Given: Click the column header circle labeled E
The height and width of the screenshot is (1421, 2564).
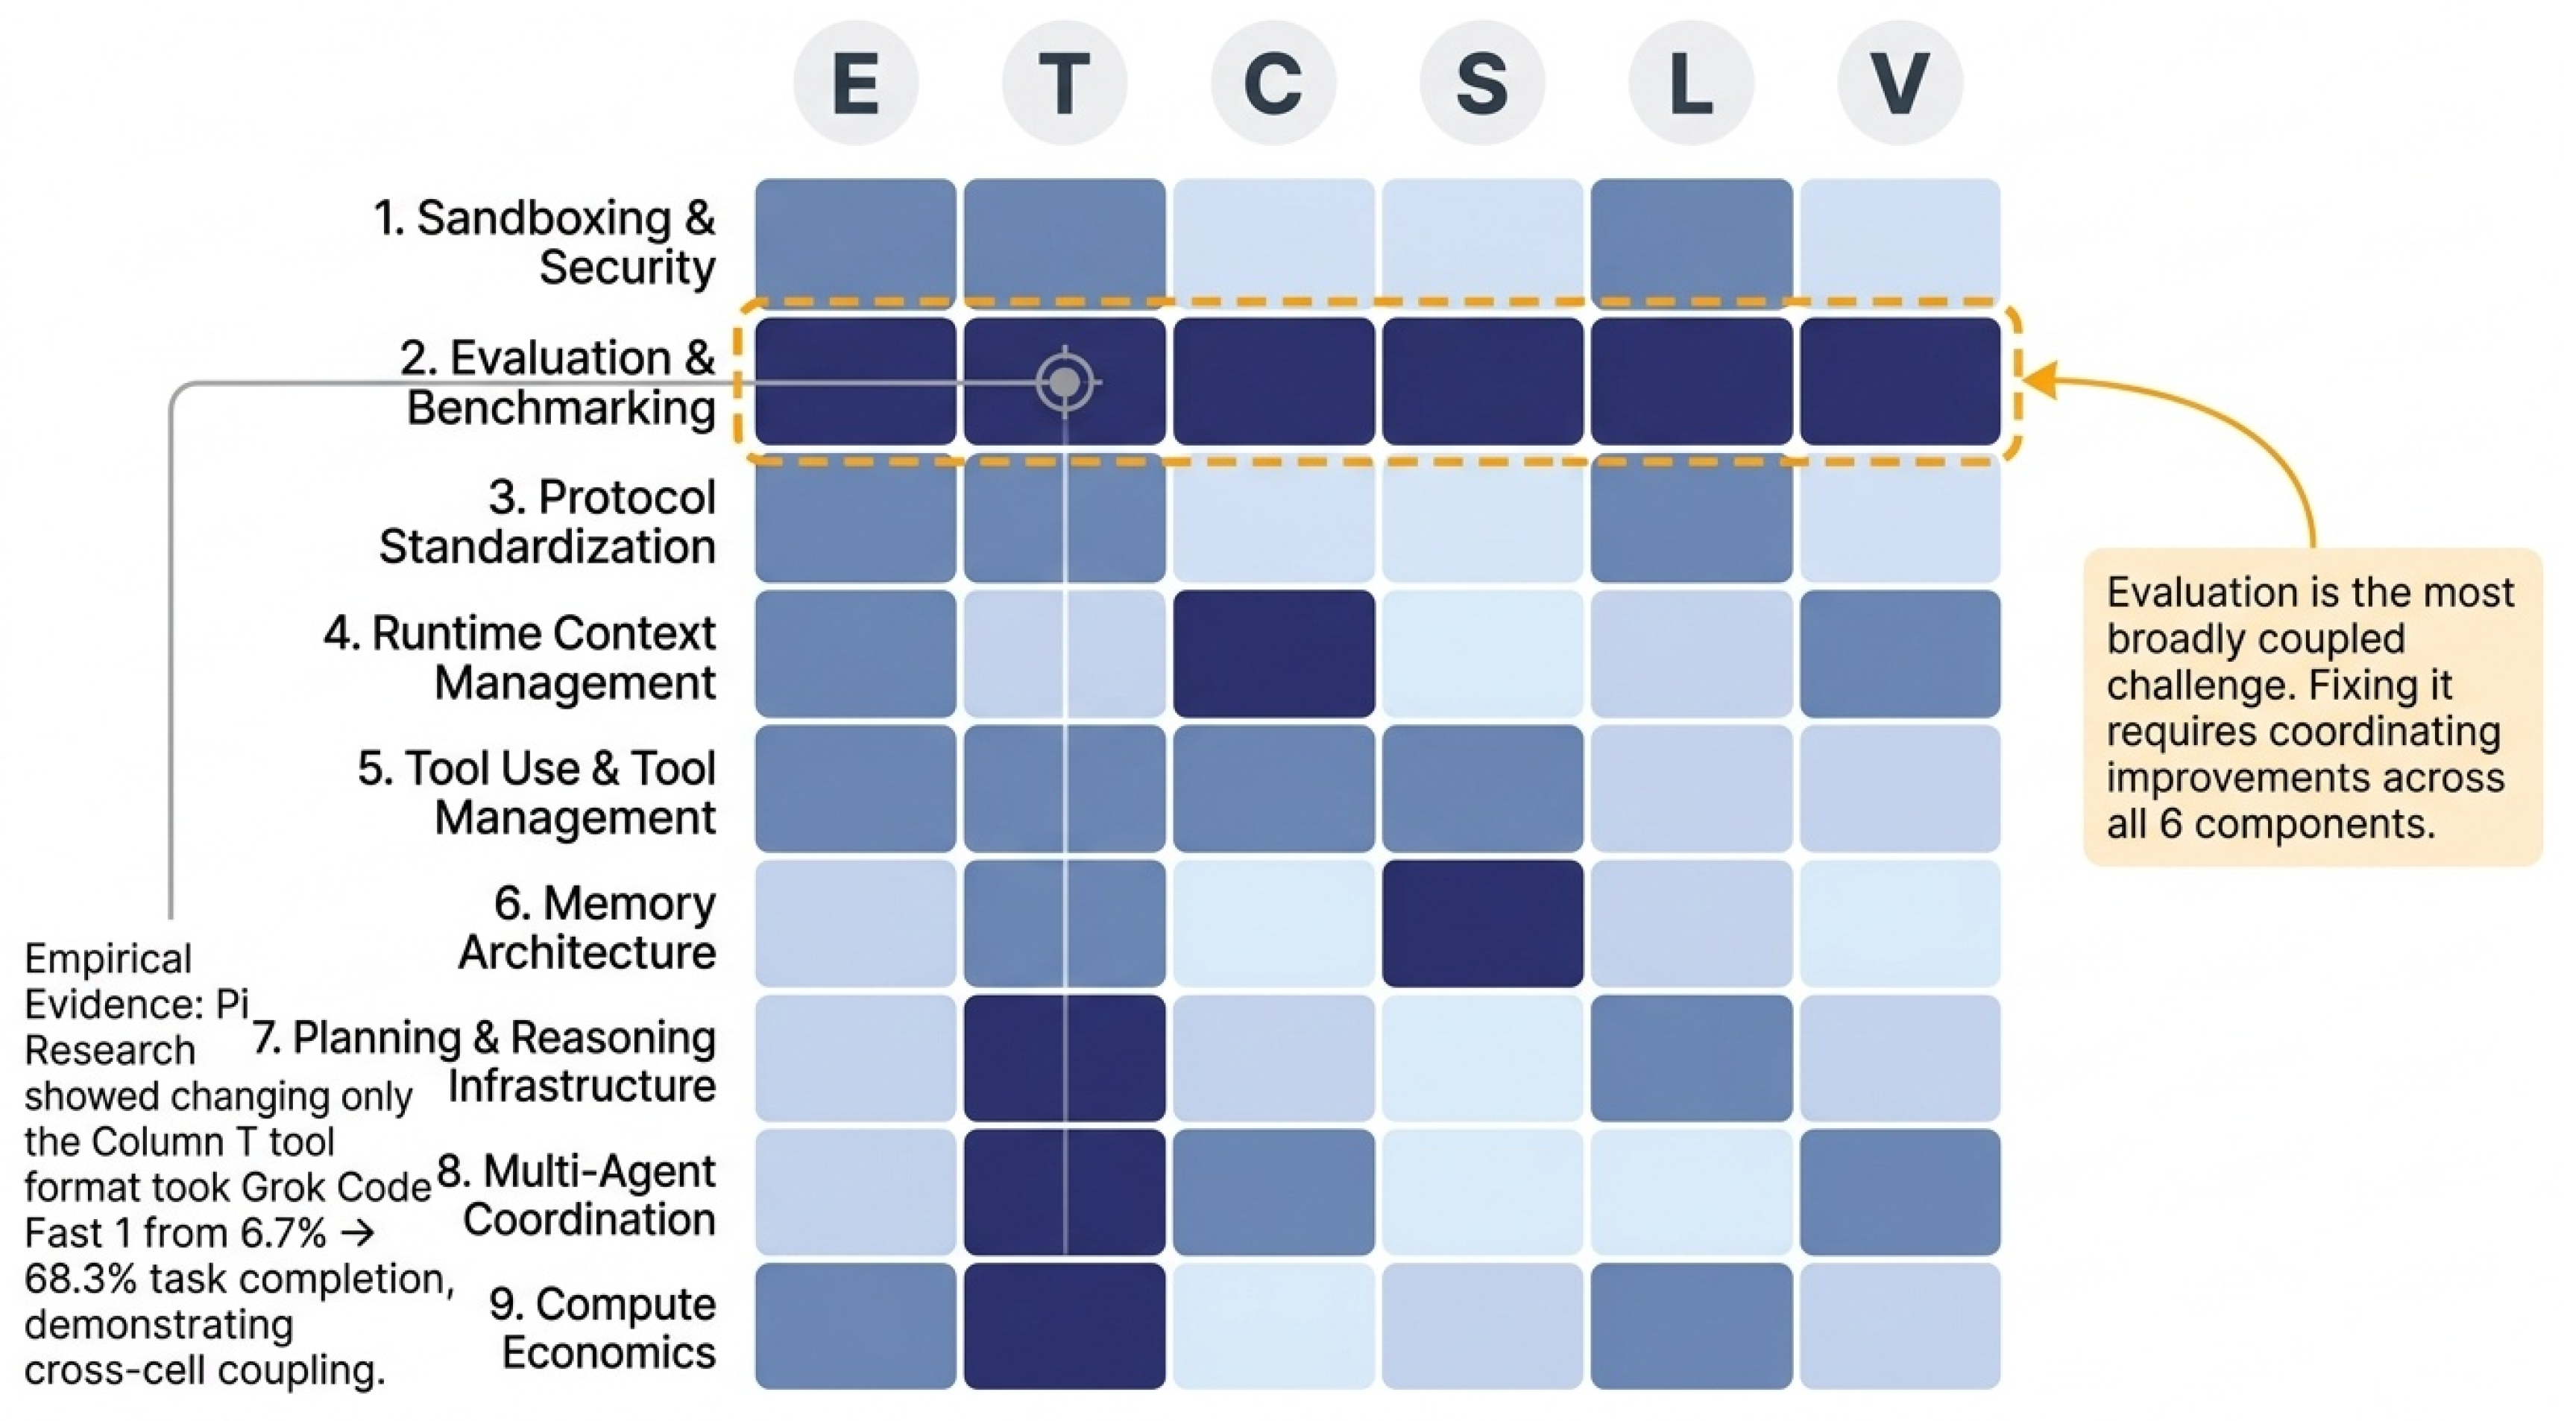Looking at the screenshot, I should click(855, 83).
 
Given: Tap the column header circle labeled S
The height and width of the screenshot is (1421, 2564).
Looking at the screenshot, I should click(1482, 83).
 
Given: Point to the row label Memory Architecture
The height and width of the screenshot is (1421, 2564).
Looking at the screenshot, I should click(588, 928).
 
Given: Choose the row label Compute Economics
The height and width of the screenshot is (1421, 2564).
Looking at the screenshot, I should click(603, 1327).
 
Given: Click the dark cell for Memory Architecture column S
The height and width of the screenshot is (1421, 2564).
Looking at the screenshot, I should click(1482, 923).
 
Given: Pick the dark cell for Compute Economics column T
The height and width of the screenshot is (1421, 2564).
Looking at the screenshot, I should click(1065, 1326).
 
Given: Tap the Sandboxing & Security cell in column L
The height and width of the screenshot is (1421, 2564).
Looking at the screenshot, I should click(1691, 242).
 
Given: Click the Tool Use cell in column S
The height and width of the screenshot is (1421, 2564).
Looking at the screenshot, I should click(1482, 788).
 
